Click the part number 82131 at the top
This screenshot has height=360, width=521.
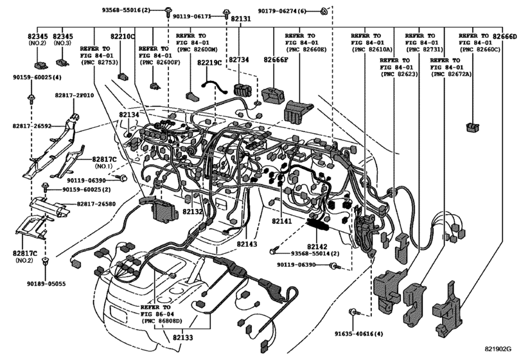point(240,19)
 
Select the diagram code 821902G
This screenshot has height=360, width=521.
point(497,348)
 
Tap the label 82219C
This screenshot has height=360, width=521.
point(209,62)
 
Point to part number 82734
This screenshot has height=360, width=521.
point(238,60)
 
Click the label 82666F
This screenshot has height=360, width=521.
point(276,60)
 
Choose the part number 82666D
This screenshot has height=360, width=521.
point(505,36)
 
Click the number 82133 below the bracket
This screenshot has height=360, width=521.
point(182,337)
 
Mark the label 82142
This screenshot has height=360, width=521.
point(317,247)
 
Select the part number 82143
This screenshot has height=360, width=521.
point(247,244)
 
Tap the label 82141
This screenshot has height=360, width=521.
point(282,221)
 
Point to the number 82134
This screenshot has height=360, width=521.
point(129,114)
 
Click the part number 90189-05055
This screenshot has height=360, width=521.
point(46,284)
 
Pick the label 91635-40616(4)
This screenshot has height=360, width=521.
point(359,334)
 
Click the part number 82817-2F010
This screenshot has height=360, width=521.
point(75,95)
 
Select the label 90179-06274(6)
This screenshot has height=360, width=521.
point(282,11)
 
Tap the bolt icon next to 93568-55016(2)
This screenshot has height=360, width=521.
point(168,12)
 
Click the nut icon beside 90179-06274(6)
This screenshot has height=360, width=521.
point(323,12)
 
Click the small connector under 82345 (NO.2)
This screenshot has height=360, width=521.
point(40,64)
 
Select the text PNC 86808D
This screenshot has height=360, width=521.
point(162,321)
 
